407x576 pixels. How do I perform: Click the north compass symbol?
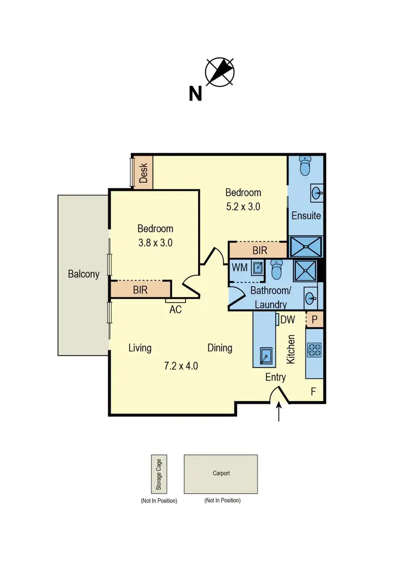pyautogui.click(x=219, y=72)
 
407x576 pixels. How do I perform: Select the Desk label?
pyautogui.click(x=144, y=173)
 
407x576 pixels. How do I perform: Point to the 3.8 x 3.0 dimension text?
pyautogui.click(x=155, y=243)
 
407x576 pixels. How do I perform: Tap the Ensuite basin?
pyautogui.click(x=316, y=192)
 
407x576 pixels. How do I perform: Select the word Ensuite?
pyautogui.click(x=306, y=216)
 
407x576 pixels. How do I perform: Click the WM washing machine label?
pyautogui.click(x=239, y=268)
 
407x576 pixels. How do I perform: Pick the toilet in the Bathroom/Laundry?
pyautogui.click(x=277, y=269)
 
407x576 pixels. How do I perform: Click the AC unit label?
pyautogui.click(x=175, y=309)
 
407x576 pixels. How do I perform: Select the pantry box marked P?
pyautogui.click(x=315, y=320)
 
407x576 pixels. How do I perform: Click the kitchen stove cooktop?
pyautogui.click(x=315, y=350)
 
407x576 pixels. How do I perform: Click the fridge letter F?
pyautogui.click(x=313, y=391)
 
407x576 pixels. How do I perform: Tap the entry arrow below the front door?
pyautogui.click(x=279, y=413)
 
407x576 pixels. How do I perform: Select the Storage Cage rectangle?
pyautogui.click(x=159, y=474)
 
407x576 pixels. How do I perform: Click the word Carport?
pyautogui.click(x=221, y=473)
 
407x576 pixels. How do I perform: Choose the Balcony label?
pyautogui.click(x=84, y=274)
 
